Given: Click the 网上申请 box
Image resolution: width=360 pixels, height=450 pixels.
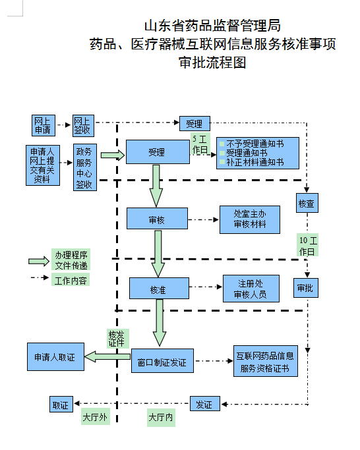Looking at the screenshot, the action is click(x=43, y=125).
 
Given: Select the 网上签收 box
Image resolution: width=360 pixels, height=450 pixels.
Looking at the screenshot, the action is click(x=83, y=126).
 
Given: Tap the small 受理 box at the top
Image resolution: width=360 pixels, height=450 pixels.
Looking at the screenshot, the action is click(x=195, y=123).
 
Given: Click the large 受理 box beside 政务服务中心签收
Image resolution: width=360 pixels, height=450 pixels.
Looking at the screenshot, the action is click(x=158, y=152).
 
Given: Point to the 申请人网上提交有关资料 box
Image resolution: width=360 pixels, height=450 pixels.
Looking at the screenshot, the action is click(x=43, y=165).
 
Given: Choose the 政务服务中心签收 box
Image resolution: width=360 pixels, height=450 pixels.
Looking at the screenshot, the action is click(x=85, y=167).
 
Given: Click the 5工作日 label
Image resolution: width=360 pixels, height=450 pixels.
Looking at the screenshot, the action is click(x=200, y=144).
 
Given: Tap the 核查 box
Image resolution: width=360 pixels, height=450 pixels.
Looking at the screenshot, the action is click(x=307, y=203).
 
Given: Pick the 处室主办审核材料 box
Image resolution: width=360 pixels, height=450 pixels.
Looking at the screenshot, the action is click(x=250, y=219).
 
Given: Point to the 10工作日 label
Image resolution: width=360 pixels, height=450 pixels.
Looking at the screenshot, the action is click(x=308, y=245).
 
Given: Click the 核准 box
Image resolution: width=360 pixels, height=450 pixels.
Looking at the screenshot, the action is click(x=159, y=289).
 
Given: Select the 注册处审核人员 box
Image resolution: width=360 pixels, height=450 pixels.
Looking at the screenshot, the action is click(x=251, y=289).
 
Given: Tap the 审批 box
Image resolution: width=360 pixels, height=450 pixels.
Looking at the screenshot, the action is click(x=306, y=287).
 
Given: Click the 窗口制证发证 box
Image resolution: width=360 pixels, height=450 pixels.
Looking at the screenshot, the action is click(x=162, y=361).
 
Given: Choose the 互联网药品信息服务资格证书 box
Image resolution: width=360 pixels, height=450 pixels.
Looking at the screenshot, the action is click(x=266, y=361).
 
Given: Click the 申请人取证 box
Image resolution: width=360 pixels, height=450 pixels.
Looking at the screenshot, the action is click(x=56, y=356).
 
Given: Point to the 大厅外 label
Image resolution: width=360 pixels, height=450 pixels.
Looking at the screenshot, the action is click(x=95, y=416).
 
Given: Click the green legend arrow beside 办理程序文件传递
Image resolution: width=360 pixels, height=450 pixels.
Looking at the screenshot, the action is click(x=39, y=261).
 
